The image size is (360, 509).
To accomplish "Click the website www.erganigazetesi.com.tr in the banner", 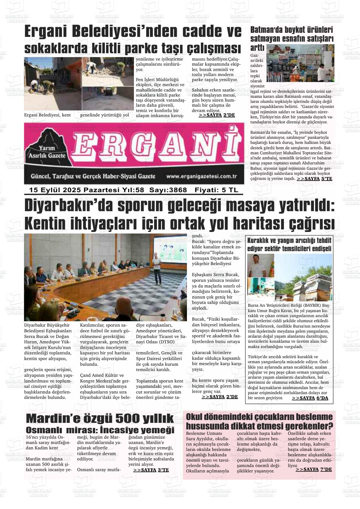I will click(201, 176).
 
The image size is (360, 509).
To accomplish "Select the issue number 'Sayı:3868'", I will click(168, 190).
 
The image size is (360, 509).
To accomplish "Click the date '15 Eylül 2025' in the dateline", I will click(55, 190).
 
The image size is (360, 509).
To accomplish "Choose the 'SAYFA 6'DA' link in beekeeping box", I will click(310, 398).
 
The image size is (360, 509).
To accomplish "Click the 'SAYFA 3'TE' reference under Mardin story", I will click(151, 470).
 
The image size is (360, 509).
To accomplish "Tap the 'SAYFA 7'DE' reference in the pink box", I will click(314, 469).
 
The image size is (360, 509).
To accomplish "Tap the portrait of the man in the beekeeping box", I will click(261, 265).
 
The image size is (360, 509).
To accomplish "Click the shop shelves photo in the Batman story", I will click(300, 63).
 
